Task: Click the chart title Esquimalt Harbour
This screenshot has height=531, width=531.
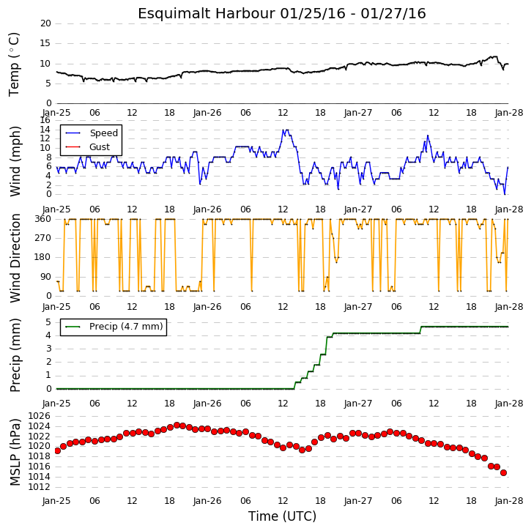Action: (207, 13)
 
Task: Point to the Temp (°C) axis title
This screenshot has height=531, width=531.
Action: (14, 64)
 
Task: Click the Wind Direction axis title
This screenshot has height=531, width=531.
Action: (15, 259)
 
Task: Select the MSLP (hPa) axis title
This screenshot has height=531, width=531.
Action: (15, 452)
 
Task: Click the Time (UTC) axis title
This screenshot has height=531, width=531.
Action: (282, 516)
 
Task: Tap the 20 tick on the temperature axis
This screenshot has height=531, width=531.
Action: (45, 23)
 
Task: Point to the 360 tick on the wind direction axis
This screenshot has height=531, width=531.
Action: (43, 219)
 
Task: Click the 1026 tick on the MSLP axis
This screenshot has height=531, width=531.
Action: (40, 416)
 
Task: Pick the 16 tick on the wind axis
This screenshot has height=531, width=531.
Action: (45, 120)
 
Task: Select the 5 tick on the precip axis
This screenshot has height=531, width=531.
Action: (48, 322)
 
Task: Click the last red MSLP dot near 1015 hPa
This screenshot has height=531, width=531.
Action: (504, 472)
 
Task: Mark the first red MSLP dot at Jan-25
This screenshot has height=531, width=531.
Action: (58, 450)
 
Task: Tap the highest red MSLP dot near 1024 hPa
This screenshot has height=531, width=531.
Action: (177, 425)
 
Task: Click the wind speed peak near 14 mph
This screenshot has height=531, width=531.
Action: (286, 130)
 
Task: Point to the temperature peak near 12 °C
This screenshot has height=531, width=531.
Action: (494, 56)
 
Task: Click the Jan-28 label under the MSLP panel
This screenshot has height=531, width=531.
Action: (509, 501)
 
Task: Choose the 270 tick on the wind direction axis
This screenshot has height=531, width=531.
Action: (43, 238)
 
